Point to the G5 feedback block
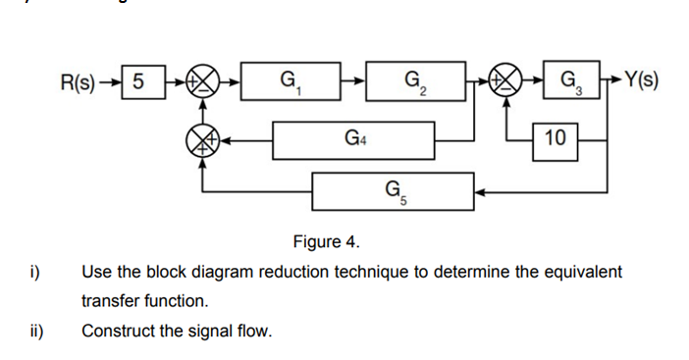tap(393, 190)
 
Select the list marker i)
tap(28, 272)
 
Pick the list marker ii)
tap(30, 331)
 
